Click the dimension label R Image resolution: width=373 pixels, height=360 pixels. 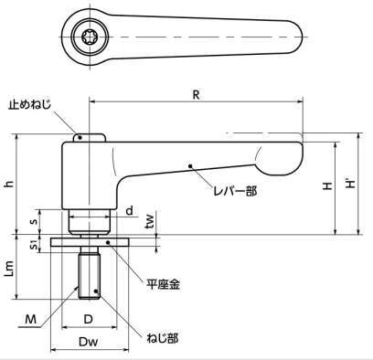click(x=196, y=95)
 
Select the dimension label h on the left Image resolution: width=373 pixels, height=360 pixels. click(x=10, y=184)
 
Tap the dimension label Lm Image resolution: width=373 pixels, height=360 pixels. click(x=10, y=269)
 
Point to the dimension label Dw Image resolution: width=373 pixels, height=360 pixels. click(x=89, y=342)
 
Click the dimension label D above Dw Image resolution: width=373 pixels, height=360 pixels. click(x=88, y=319)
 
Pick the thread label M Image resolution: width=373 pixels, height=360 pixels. click(x=30, y=319)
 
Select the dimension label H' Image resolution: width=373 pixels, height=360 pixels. click(x=352, y=184)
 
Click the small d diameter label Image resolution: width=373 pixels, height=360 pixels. click(x=130, y=210)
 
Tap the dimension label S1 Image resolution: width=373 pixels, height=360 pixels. click(x=35, y=245)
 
